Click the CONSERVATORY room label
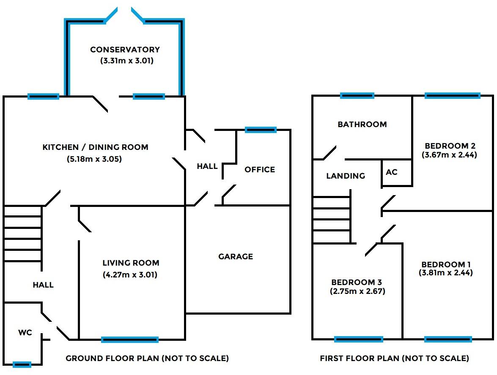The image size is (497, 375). point(125,50)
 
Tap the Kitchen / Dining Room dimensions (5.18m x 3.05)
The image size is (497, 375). point(95,160)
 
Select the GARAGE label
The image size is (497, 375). point(236,256)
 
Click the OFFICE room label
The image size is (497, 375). point(260,169)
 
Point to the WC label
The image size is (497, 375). point(25,333)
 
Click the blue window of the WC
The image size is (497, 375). point(22,364)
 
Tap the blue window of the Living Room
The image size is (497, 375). point(130,340)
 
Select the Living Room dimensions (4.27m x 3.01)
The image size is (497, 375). point(130,275)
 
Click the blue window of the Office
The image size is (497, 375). point(261,130)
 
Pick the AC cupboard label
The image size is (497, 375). point(392,172)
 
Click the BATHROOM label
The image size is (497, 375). point(362,124)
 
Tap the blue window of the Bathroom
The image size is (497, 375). point(357,96)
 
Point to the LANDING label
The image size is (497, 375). point(346,176)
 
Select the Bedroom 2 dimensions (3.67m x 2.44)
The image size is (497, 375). point(449,155)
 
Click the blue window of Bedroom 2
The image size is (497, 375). point(453,96)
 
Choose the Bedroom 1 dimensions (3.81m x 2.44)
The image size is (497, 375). point(446,273)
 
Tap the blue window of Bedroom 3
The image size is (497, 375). point(359,339)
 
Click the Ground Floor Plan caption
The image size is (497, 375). point(147,359)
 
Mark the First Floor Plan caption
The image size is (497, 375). point(395,359)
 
